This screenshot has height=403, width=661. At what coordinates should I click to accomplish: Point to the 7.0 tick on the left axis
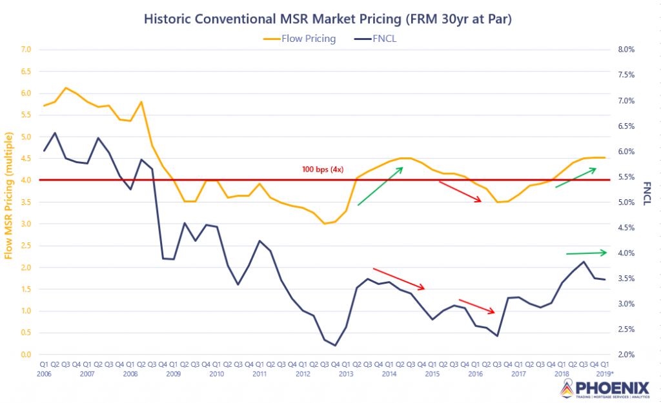(x=26, y=50)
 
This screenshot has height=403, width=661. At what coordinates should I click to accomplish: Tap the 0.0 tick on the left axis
(x=26, y=355)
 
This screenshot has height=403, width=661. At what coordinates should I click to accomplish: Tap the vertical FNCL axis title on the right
(x=647, y=192)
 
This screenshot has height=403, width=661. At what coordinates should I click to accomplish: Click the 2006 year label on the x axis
(x=44, y=373)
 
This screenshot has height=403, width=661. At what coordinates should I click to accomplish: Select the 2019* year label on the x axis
(x=605, y=373)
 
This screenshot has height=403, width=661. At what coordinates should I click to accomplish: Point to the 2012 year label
(x=303, y=373)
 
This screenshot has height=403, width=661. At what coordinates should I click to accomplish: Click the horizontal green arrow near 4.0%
(x=586, y=252)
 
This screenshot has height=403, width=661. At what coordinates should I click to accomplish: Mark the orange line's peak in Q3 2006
(x=66, y=88)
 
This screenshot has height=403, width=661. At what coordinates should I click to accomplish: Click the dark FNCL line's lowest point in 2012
(x=335, y=345)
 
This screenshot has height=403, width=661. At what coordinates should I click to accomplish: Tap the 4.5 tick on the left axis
(x=26, y=159)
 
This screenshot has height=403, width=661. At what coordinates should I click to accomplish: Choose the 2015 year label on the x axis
(x=432, y=373)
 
